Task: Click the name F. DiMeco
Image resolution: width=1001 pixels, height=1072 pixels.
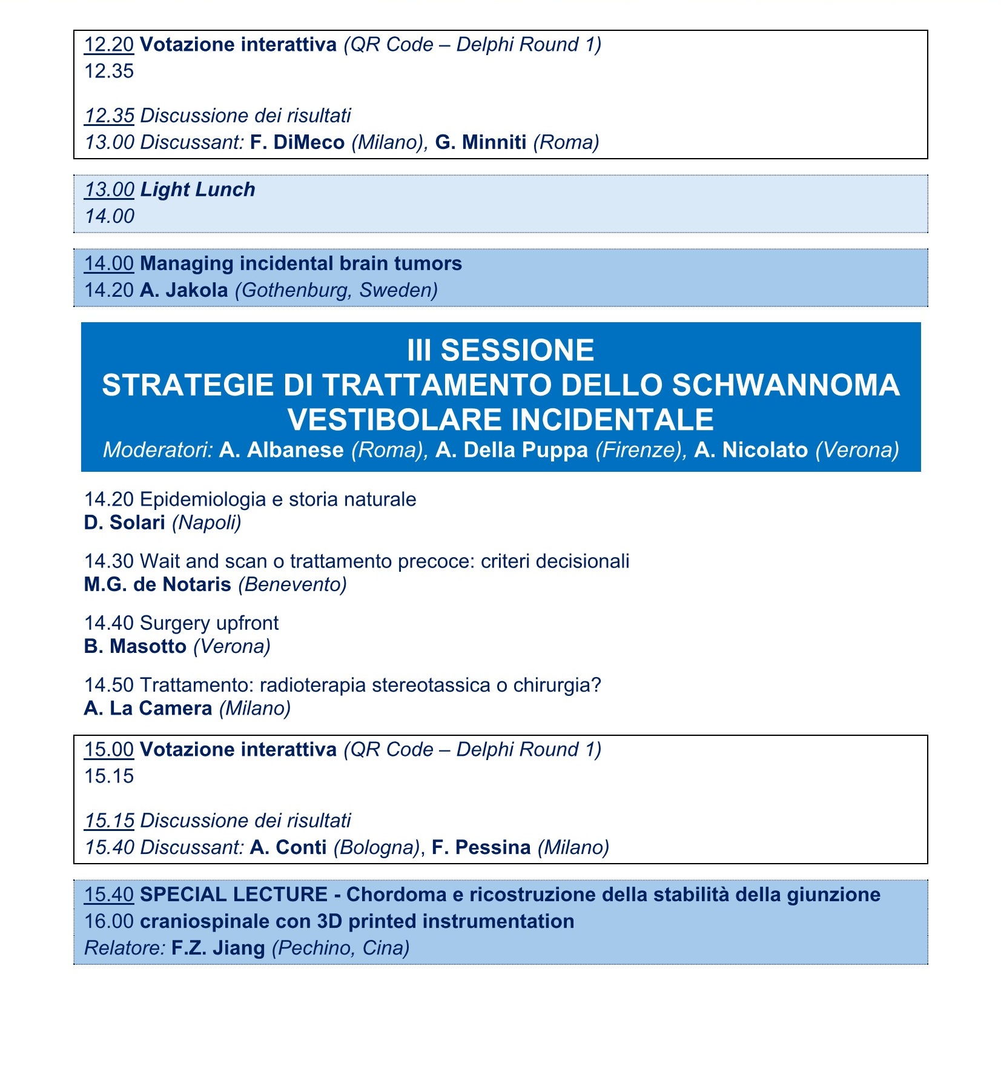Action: [x=297, y=142]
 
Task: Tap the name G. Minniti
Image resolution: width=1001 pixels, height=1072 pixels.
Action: [x=481, y=142]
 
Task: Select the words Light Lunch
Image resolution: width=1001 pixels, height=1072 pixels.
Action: [x=197, y=190]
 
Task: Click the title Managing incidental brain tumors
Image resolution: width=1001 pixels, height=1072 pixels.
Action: [x=300, y=263]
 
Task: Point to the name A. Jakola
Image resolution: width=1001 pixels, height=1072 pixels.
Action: [x=183, y=290]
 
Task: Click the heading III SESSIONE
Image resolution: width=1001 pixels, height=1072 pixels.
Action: [x=500, y=350]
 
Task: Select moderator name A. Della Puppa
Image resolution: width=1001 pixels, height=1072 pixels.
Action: [x=511, y=450]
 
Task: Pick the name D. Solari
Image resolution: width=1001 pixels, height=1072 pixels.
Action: [x=124, y=522]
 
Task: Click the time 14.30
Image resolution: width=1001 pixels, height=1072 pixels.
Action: [x=108, y=561]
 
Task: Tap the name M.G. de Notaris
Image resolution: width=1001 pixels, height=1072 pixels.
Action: [x=157, y=584]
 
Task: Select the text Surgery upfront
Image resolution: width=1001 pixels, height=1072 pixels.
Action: [x=209, y=623]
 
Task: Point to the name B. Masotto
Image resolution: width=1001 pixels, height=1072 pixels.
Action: [x=135, y=646]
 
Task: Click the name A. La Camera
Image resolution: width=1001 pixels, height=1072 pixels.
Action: [x=148, y=708]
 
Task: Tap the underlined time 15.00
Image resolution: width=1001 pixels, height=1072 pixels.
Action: [x=108, y=749]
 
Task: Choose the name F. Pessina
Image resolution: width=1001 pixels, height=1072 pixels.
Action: [x=481, y=847]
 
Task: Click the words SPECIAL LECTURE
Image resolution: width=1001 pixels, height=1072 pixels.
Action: [x=233, y=895]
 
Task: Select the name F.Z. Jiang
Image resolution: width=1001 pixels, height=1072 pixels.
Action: [x=218, y=947]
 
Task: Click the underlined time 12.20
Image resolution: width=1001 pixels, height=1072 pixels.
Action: [x=108, y=45]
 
